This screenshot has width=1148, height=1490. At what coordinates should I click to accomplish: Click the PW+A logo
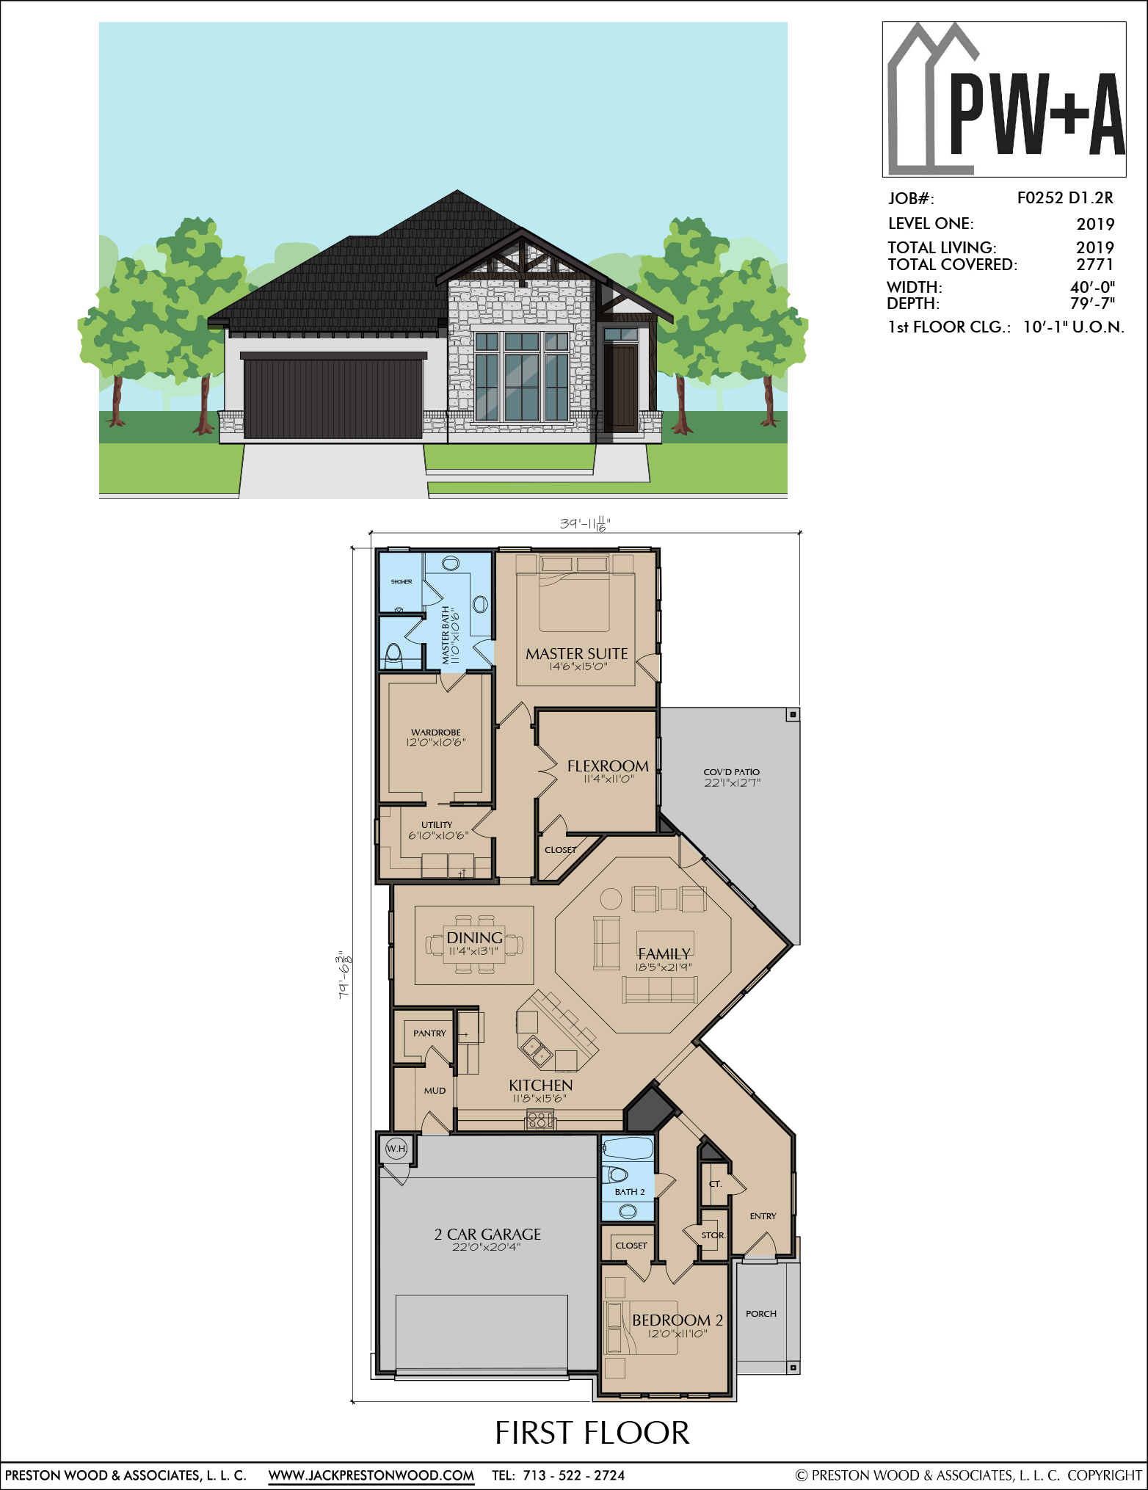[1004, 99]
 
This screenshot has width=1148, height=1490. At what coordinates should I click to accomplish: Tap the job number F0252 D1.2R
[1065, 198]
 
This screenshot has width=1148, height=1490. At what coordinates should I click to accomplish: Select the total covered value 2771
[1094, 264]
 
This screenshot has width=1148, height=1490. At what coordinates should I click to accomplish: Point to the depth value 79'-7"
[1092, 303]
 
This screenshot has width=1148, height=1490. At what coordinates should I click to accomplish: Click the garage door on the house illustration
[333, 399]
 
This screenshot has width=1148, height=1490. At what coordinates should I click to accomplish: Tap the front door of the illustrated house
[621, 388]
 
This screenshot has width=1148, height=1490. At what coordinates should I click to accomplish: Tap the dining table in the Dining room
[474, 945]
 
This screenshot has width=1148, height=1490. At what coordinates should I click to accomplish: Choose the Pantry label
[429, 1033]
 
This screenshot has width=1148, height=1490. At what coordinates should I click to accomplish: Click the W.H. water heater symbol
[396, 1149]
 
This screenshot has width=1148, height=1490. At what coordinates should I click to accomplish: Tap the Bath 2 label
[630, 1192]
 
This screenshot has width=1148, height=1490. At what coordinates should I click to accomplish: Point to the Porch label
[761, 1314]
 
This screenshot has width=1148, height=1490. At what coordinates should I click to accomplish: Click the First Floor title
[592, 1433]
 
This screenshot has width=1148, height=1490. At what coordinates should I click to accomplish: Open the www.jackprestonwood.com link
[371, 1475]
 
